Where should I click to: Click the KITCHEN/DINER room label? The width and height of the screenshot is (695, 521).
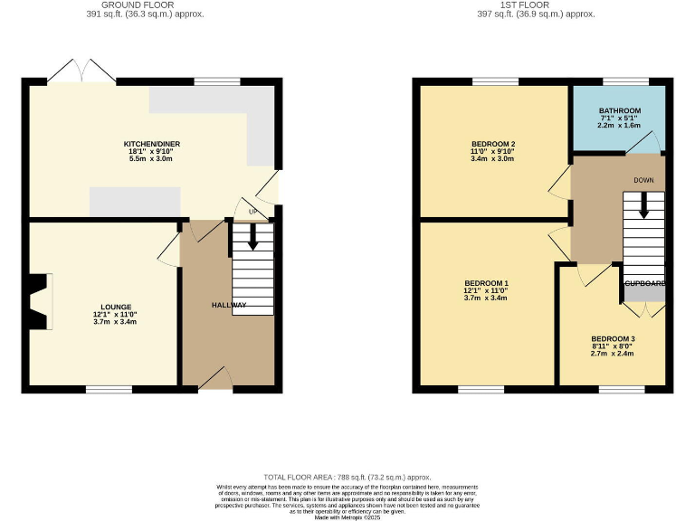click(153, 144)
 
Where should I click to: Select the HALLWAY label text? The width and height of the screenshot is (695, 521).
click(229, 306)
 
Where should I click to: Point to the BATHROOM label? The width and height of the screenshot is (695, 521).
click(618, 110)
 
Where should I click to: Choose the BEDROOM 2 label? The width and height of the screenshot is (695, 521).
click(493, 144)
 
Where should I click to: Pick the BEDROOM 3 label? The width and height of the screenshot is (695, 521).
click(613, 339)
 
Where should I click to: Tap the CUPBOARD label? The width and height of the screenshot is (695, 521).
click(643, 284)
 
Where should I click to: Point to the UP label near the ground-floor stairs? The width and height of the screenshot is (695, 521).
click(252, 213)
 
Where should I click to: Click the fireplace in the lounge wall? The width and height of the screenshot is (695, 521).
click(38, 302)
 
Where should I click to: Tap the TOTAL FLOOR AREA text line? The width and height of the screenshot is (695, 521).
click(347, 477)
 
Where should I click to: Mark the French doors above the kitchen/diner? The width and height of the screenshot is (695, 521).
click(82, 72)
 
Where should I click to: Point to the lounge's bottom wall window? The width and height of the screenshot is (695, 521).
click(109, 389)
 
